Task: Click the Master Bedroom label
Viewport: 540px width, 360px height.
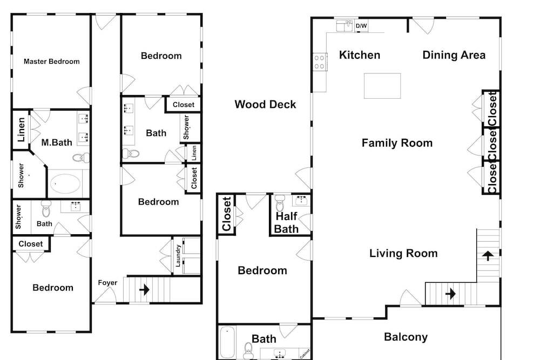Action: pyautogui.click(x=52, y=62)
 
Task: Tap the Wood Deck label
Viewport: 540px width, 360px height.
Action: pyautogui.click(x=265, y=104)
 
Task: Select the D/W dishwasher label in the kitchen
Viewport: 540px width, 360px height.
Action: pyautogui.click(x=361, y=26)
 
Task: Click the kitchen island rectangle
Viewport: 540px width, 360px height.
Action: pyautogui.click(x=382, y=86)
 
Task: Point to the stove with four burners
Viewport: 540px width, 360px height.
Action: pyautogui.click(x=320, y=62)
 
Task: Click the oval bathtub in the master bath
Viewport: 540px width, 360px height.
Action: pyautogui.click(x=65, y=184)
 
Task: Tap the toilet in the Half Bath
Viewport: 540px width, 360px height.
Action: pyautogui.click(x=280, y=203)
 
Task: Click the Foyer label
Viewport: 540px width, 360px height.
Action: pyautogui.click(x=107, y=283)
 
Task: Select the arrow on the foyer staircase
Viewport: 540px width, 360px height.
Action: pyautogui.click(x=144, y=290)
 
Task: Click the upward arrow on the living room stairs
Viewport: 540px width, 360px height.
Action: pyautogui.click(x=488, y=255)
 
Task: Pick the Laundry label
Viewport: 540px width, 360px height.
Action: pyautogui.click(x=178, y=256)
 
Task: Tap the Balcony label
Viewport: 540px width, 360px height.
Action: pyautogui.click(x=406, y=337)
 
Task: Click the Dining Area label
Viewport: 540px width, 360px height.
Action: pyautogui.click(x=454, y=55)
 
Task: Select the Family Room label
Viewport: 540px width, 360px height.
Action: pyautogui.click(x=397, y=143)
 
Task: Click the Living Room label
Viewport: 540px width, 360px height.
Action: pyautogui.click(x=403, y=253)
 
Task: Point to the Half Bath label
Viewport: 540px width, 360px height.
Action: pyautogui.click(x=286, y=222)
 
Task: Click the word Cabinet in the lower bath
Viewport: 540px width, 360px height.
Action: pyautogui.click(x=305, y=354)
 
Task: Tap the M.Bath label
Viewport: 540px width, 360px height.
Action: pyautogui.click(x=57, y=142)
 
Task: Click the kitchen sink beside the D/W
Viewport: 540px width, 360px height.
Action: pyautogui.click(x=345, y=26)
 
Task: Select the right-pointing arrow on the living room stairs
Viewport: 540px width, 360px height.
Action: pyautogui.click(x=450, y=294)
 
